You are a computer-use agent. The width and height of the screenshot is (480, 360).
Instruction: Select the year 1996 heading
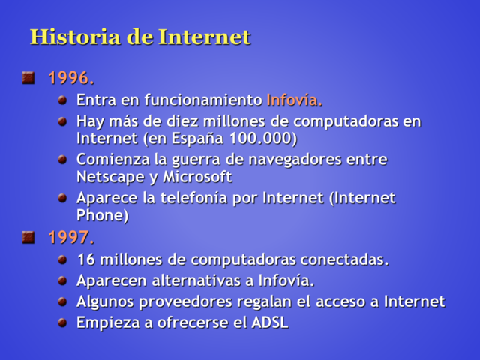pos(70,77)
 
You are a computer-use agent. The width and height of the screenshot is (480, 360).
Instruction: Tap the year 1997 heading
pos(70,238)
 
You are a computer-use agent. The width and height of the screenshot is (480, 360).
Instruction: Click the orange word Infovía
pos(294,100)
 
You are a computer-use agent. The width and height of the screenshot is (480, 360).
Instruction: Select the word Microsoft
pos(197,178)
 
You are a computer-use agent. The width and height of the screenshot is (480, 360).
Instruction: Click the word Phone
pos(102,216)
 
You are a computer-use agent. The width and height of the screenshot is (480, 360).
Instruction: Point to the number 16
pos(85,260)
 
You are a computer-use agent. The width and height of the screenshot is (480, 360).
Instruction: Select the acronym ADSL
pos(270,323)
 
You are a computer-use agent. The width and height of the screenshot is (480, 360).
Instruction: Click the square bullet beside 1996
pos(28,76)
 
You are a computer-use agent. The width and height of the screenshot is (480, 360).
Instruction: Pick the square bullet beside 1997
pos(28,237)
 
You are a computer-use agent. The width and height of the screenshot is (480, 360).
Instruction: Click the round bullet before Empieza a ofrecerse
pos(63,322)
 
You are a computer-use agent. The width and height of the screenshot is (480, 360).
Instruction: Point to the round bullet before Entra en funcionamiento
pos(63,99)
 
